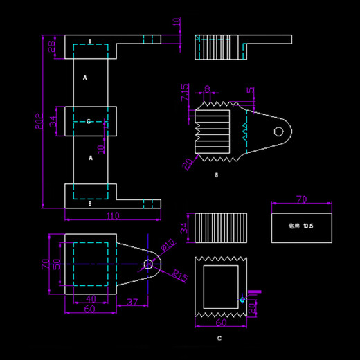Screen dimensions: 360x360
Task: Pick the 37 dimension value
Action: [133, 303]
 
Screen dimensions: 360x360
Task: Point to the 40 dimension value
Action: [90, 298]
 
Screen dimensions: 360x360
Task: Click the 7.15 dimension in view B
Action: [185, 91]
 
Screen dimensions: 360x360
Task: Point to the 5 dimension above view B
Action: [250, 91]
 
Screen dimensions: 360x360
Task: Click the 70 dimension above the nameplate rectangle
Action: [301, 199]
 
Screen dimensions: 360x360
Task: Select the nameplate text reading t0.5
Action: [301, 226]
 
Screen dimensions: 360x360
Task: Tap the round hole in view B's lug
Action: [278, 131]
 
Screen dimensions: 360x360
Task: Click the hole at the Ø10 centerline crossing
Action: [148, 264]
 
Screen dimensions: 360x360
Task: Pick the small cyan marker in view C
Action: [242, 299]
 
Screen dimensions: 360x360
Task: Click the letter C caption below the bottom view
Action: [219, 339]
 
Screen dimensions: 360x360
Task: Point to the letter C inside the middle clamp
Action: [89, 122]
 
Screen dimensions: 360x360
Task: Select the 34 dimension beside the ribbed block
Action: [184, 228]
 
